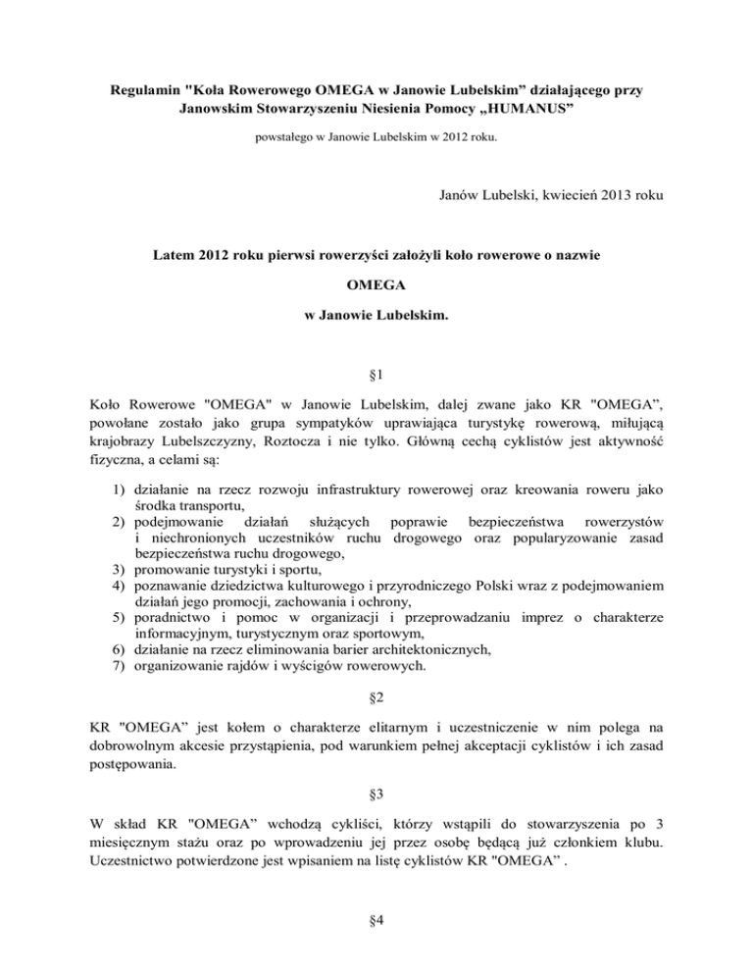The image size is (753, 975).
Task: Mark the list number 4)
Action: [118, 585]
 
